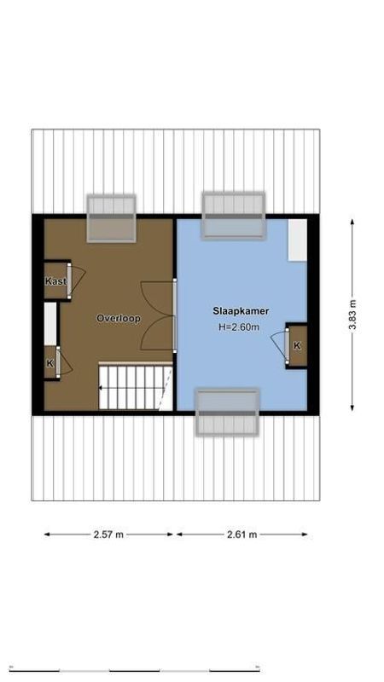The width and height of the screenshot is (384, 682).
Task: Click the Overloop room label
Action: tap(118, 319)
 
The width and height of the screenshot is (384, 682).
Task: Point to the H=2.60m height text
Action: tap(238, 327)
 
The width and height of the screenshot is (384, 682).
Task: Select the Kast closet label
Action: tap(55, 281)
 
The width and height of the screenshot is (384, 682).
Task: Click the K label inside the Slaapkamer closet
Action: tap(297, 345)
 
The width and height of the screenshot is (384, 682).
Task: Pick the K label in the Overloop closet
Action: tap(49, 363)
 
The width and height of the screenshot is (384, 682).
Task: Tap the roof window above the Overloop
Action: tap(112, 217)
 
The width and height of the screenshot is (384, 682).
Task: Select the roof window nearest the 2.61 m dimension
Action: tap(227, 413)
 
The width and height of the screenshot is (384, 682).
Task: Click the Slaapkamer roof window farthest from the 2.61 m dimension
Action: tap(233, 215)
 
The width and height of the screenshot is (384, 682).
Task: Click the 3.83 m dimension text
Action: tap(352, 315)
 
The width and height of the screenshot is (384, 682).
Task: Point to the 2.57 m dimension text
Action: tap(108, 535)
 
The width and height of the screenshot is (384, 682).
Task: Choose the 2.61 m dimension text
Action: tap(241, 535)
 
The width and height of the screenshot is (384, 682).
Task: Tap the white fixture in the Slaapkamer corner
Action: tap(297, 240)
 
